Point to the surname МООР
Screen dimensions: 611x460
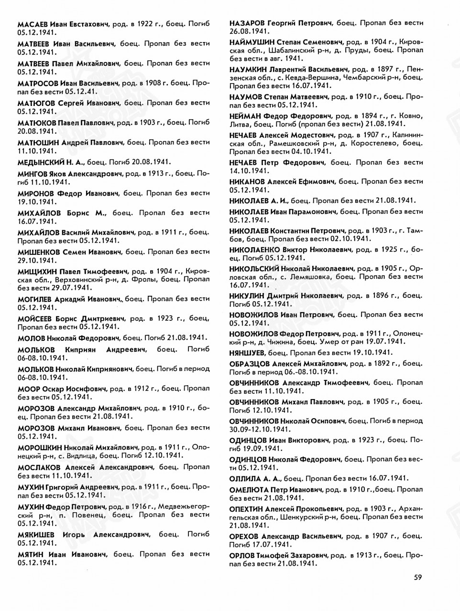click(29, 389)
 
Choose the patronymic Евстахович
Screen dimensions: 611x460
click(88, 24)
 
